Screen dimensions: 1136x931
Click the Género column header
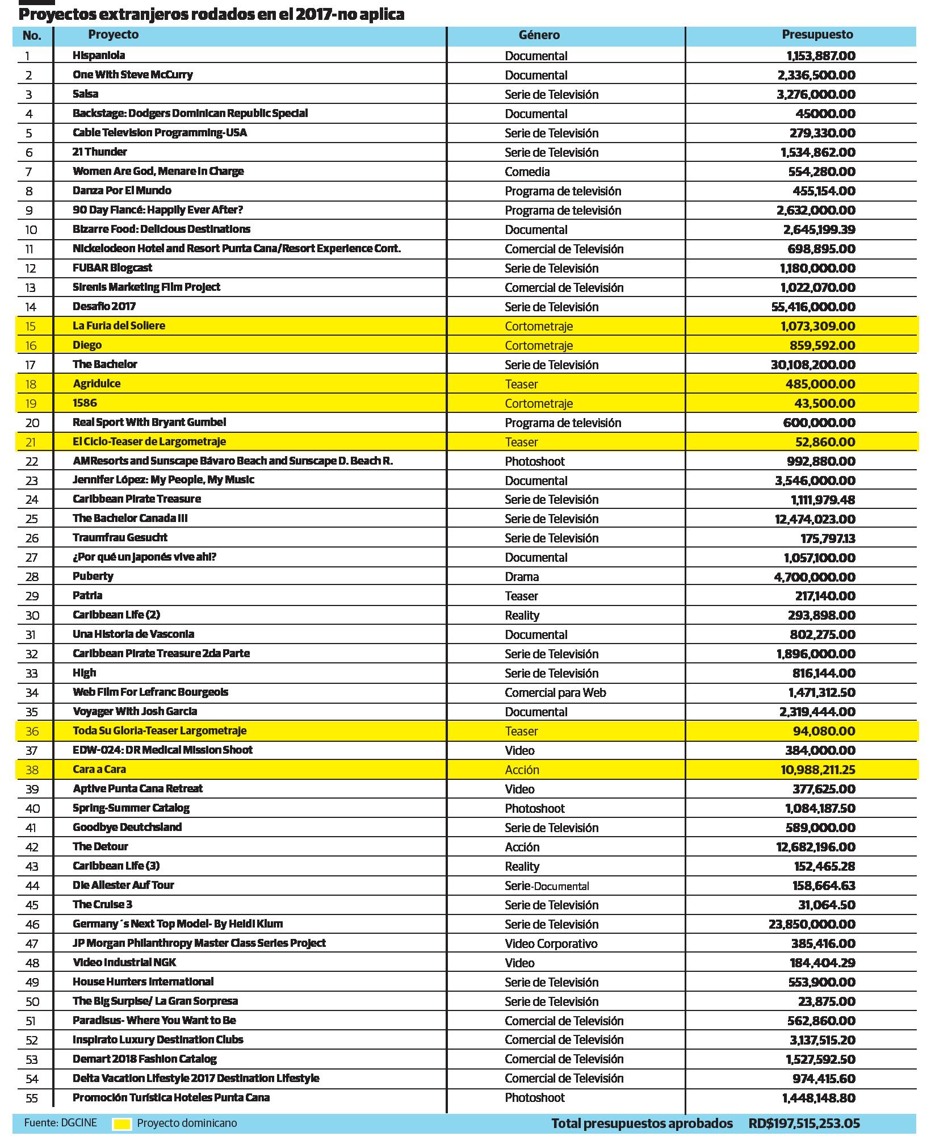tap(539, 35)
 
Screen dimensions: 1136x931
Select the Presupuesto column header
tap(817, 35)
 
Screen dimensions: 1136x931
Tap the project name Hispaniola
tap(99, 55)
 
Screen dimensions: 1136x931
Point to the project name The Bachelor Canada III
tap(130, 518)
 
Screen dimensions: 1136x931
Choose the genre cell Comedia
tap(527, 172)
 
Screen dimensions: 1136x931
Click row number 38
tap(32, 770)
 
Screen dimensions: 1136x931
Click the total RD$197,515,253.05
tap(804, 1124)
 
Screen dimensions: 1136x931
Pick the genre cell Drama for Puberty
tap(522, 577)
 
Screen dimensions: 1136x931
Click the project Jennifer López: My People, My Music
tap(163, 480)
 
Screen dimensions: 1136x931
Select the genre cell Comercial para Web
tap(555, 692)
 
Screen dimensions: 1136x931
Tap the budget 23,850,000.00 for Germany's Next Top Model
tap(812, 924)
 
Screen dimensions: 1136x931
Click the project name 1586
tap(85, 403)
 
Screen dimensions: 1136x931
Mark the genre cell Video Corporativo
tap(551, 943)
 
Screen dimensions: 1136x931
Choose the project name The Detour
tap(100, 846)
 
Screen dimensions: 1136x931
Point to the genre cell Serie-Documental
tap(547, 886)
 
